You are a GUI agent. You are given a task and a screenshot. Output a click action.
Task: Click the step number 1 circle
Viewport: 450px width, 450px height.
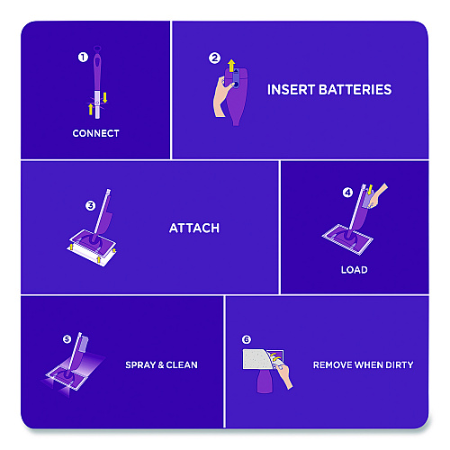click(83, 57)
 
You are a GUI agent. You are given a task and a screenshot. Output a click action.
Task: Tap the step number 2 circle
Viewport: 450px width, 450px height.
click(214, 58)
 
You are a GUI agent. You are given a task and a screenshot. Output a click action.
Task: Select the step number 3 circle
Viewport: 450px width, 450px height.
click(90, 206)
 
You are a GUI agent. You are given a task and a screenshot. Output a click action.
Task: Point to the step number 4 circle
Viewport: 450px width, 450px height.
click(347, 193)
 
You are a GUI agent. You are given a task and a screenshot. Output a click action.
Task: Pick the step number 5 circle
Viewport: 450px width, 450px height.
click(67, 339)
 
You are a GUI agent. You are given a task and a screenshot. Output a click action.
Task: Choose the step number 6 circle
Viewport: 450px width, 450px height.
click(247, 339)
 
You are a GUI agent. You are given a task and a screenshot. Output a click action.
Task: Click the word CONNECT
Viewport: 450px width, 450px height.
click(96, 133)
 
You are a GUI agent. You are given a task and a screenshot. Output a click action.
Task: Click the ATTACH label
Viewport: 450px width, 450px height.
click(194, 229)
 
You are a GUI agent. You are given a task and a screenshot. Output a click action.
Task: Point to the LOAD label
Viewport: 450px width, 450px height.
click(355, 270)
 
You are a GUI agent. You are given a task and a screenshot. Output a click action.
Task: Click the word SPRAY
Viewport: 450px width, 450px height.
click(140, 365)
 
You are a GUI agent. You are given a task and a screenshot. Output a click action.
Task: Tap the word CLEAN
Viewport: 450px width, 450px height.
click(182, 365)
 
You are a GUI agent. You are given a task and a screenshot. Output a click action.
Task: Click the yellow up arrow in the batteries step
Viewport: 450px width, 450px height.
click(231, 66)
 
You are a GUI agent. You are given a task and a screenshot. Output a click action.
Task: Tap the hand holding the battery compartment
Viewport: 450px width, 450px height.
click(222, 96)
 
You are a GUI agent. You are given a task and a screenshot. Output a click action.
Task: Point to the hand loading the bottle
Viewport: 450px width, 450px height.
click(378, 195)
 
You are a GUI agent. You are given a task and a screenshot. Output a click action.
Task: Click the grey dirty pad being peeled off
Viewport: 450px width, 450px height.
click(257, 359)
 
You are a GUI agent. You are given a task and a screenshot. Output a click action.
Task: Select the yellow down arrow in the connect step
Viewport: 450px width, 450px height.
click(104, 97)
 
